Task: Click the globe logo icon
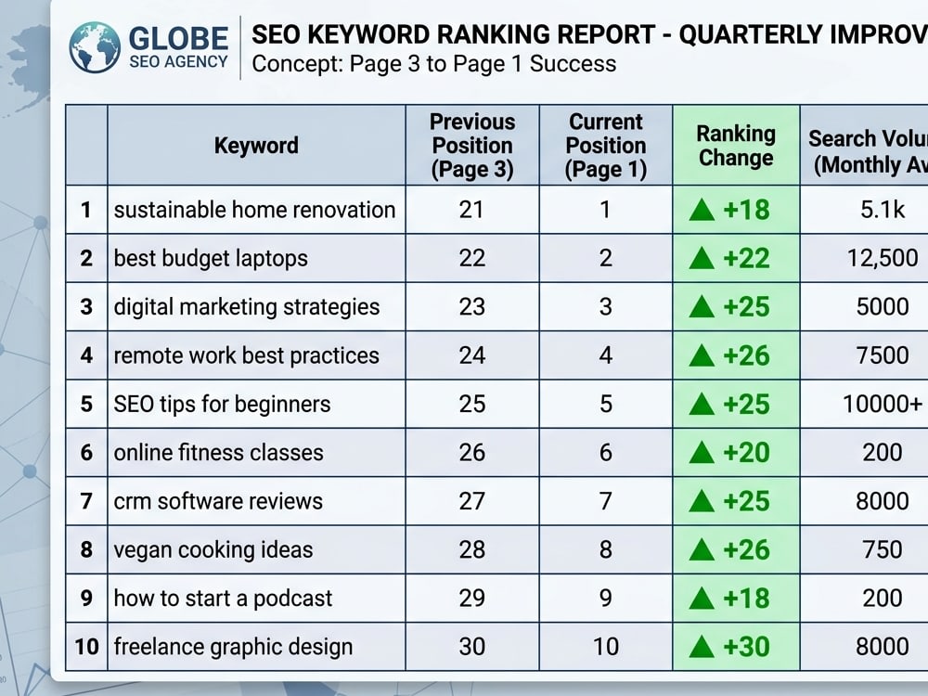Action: point(95,47)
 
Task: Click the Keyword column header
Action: point(256,146)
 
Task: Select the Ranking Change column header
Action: point(736,146)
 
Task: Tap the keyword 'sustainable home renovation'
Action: point(254,210)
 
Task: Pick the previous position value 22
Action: point(471,259)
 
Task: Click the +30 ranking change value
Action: point(746,647)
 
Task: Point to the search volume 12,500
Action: point(883,259)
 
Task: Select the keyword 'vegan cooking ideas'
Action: point(213,549)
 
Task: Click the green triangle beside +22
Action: point(702,259)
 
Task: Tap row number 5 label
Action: point(86,405)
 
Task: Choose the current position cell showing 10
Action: point(605,647)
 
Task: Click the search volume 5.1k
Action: point(883,210)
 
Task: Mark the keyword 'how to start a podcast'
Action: point(223,599)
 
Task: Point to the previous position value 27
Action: point(471,501)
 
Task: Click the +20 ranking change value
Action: point(746,453)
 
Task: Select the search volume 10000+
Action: point(883,405)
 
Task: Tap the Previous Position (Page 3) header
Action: point(472,146)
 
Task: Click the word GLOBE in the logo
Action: point(179,38)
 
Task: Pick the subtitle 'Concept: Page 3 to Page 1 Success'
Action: point(433,64)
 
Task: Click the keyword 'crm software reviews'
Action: point(218,501)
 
